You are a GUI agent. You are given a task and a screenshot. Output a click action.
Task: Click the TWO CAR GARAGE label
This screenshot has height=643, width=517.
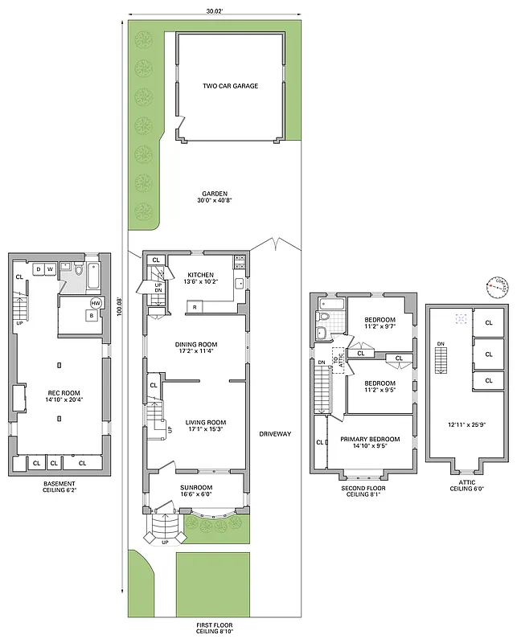pyautogui.click(x=230, y=85)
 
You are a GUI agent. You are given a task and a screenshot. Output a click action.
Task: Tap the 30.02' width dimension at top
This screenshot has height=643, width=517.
pyautogui.click(x=214, y=10)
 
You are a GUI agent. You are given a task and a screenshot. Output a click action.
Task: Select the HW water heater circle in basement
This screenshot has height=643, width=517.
pyautogui.click(x=96, y=303)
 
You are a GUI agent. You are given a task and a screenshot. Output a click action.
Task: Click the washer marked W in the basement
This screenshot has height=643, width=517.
pyautogui.click(x=50, y=268)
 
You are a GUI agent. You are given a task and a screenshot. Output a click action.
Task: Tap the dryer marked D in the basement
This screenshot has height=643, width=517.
pyautogui.click(x=38, y=268)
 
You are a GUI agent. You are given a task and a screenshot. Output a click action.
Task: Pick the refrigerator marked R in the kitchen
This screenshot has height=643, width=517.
pyautogui.click(x=195, y=306)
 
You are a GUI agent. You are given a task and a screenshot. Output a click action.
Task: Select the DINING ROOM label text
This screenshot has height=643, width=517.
pyautogui.click(x=196, y=345)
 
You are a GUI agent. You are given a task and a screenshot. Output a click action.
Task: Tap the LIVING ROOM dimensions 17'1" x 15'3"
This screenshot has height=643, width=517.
pyautogui.click(x=195, y=429)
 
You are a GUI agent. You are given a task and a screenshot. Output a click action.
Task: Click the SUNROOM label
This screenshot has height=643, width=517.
pyautogui.click(x=196, y=487)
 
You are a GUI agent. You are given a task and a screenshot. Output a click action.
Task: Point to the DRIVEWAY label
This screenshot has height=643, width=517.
pyautogui.click(x=275, y=434)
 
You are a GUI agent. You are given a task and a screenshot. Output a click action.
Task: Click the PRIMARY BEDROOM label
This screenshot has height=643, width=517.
pyautogui.click(x=370, y=439)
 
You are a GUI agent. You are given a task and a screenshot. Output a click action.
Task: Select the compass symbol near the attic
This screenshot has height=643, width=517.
pyautogui.click(x=498, y=286)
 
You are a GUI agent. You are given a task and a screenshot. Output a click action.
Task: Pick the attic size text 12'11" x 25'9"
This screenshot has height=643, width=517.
pyautogui.click(x=466, y=424)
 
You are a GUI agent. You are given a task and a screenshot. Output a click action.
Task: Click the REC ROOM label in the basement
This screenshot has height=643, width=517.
pyautogui.click(x=61, y=393)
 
